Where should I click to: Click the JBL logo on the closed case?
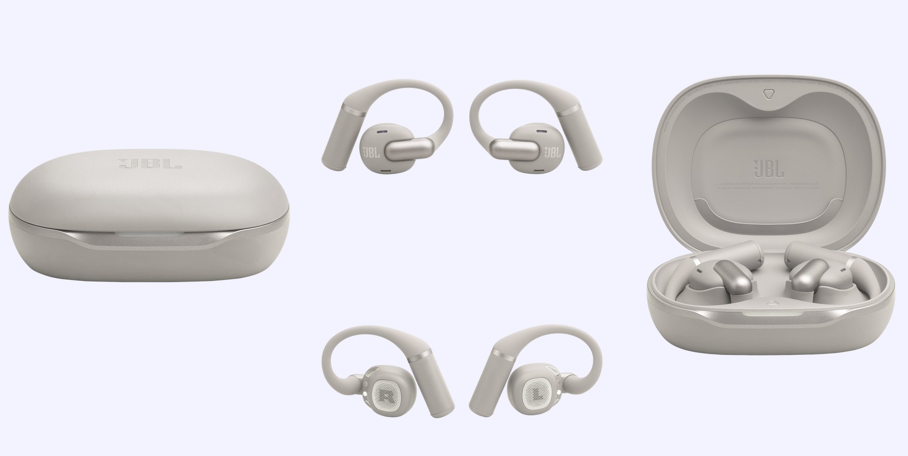click(x=150, y=164)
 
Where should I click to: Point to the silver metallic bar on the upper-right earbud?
click(x=514, y=148)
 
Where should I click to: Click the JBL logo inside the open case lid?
click(x=768, y=169)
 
